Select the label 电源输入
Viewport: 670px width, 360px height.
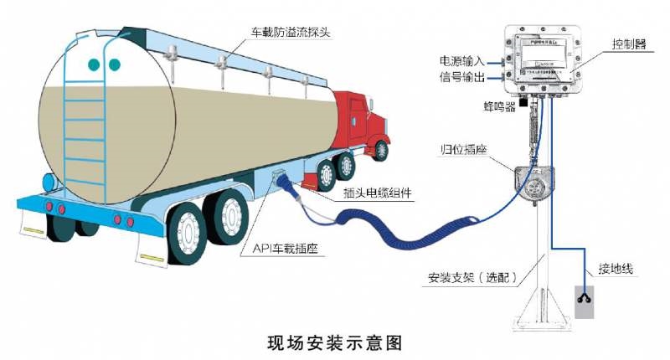[460, 61]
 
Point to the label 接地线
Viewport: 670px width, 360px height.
[615, 269]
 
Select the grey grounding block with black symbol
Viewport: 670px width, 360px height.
[584, 302]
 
